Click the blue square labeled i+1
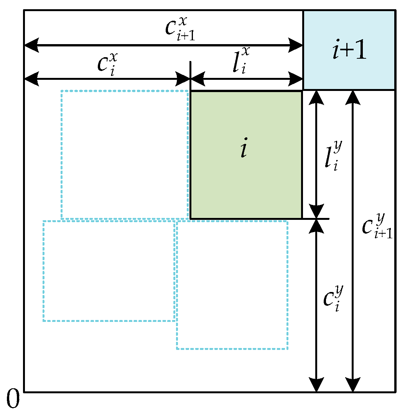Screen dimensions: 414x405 [x=349, y=50]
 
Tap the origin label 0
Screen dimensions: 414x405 [x=13, y=399]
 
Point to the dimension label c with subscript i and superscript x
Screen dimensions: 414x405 [x=107, y=63]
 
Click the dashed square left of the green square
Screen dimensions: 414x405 [x=125, y=155]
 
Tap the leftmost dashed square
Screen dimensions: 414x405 [x=109, y=271]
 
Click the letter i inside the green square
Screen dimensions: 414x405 [x=244, y=150]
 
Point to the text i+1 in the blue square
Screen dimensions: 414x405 [x=349, y=52]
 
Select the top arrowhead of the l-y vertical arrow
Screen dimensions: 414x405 [x=316, y=97]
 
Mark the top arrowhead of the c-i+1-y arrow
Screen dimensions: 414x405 [x=353, y=97]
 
